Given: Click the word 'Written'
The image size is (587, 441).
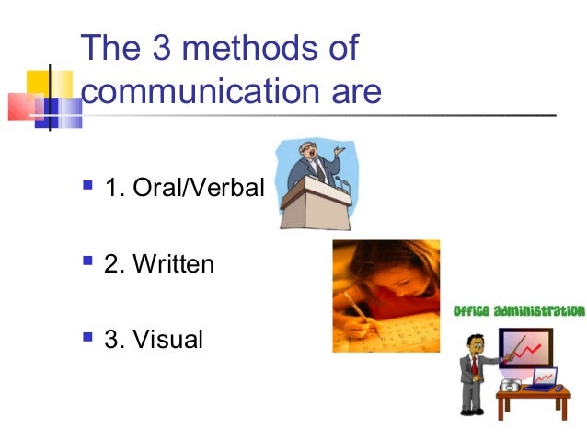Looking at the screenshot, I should pyautogui.click(x=173, y=266).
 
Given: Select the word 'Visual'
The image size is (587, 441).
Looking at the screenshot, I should pyautogui.click(x=167, y=341).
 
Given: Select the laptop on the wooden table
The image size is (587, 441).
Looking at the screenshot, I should pyautogui.click(x=542, y=377).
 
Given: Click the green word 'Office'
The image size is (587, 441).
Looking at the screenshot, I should pyautogui.click(x=475, y=312).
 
